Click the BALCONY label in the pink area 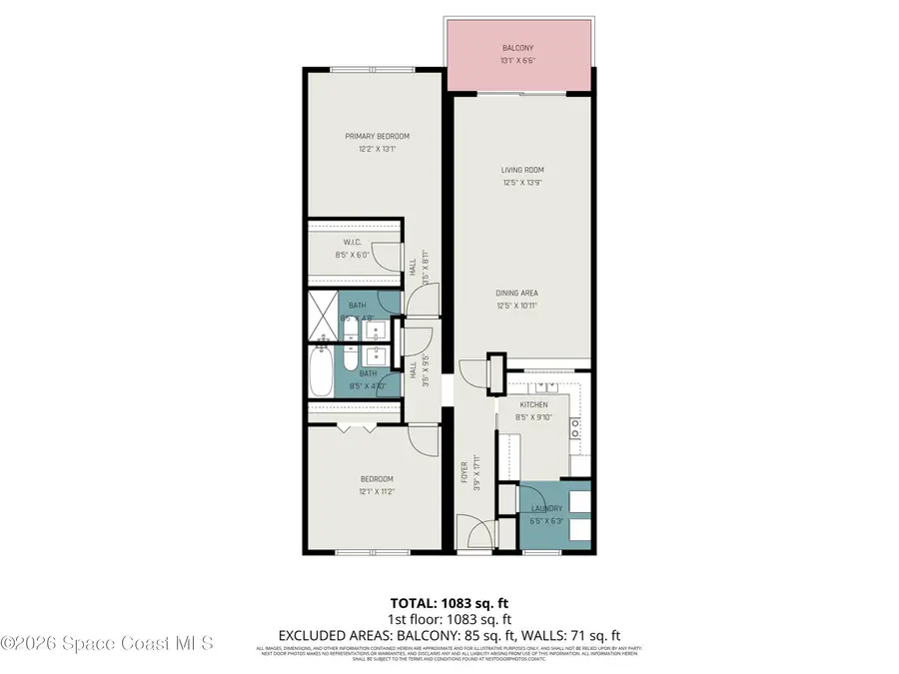click(518, 48)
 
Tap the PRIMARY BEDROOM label click(377, 137)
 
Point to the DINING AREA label click(517, 293)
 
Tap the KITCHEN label click(531, 404)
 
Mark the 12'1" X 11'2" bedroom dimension click(377, 491)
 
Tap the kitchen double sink click(545, 386)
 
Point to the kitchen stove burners click(576, 429)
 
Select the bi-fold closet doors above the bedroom click(357, 428)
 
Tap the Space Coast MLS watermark click(107, 644)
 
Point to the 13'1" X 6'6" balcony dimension click(518, 61)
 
